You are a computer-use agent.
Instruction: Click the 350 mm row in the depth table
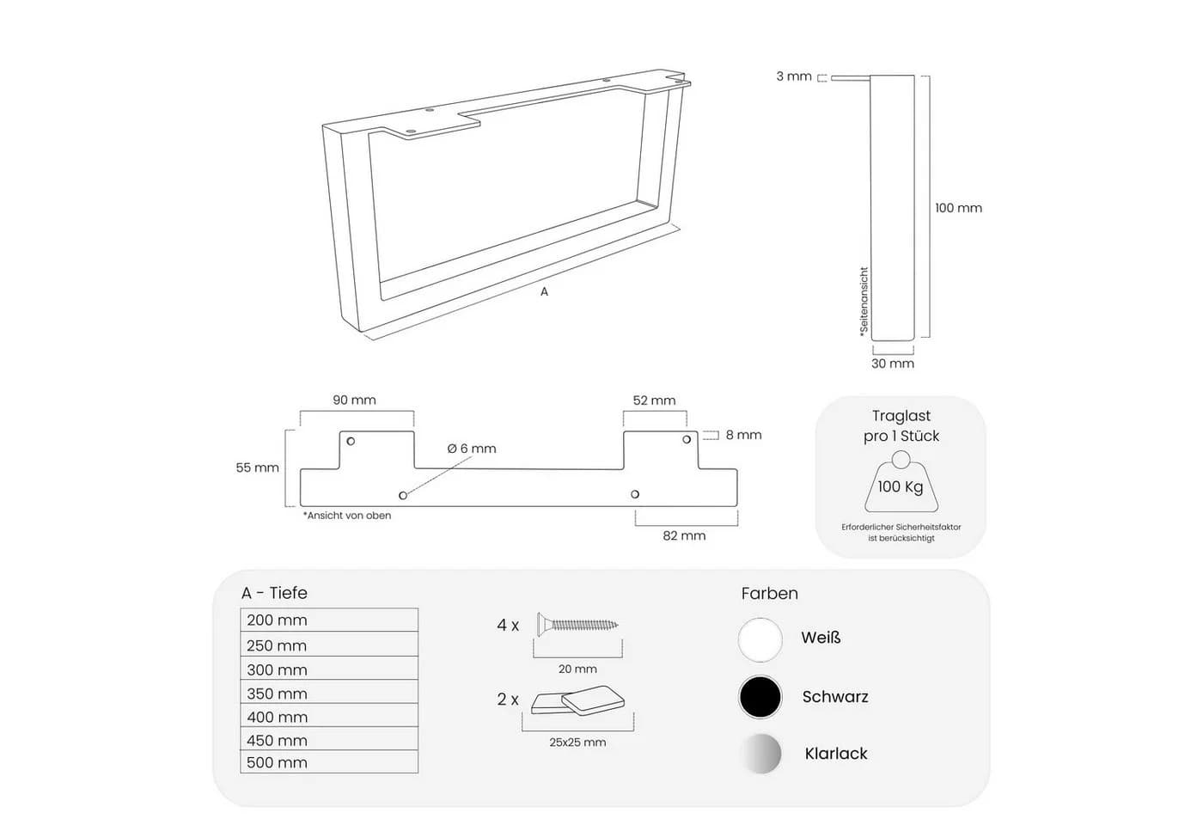point(329,692)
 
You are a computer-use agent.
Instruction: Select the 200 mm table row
point(329,620)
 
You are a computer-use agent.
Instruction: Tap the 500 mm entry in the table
point(329,761)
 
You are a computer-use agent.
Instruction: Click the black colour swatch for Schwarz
point(760,697)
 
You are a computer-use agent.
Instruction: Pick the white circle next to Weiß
point(760,639)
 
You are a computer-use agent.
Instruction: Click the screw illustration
point(577,625)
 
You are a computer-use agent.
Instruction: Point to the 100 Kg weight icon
point(901,482)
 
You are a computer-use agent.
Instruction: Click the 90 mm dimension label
point(354,400)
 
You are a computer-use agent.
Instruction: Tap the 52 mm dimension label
point(654,400)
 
